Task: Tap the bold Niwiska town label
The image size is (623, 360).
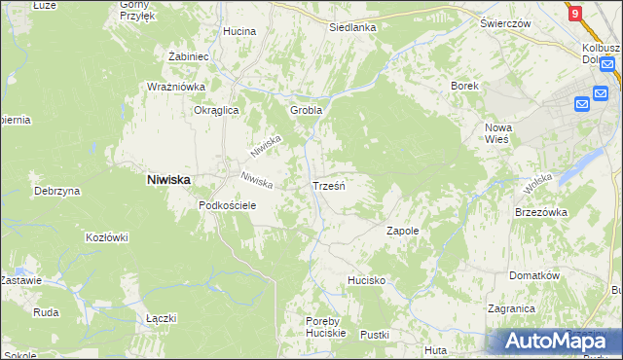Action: [167, 179]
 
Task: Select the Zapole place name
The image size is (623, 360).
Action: [402, 231]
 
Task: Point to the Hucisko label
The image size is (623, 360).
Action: [367, 280]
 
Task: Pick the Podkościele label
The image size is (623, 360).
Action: [227, 205]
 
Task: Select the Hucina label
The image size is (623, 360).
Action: [238, 31]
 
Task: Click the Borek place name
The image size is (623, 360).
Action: [464, 86]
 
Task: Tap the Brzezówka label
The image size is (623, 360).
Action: [540, 212]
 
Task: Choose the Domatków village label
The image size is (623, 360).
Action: [536, 275]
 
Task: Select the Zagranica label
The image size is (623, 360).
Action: [512, 308]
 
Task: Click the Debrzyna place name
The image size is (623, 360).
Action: [55, 191]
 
